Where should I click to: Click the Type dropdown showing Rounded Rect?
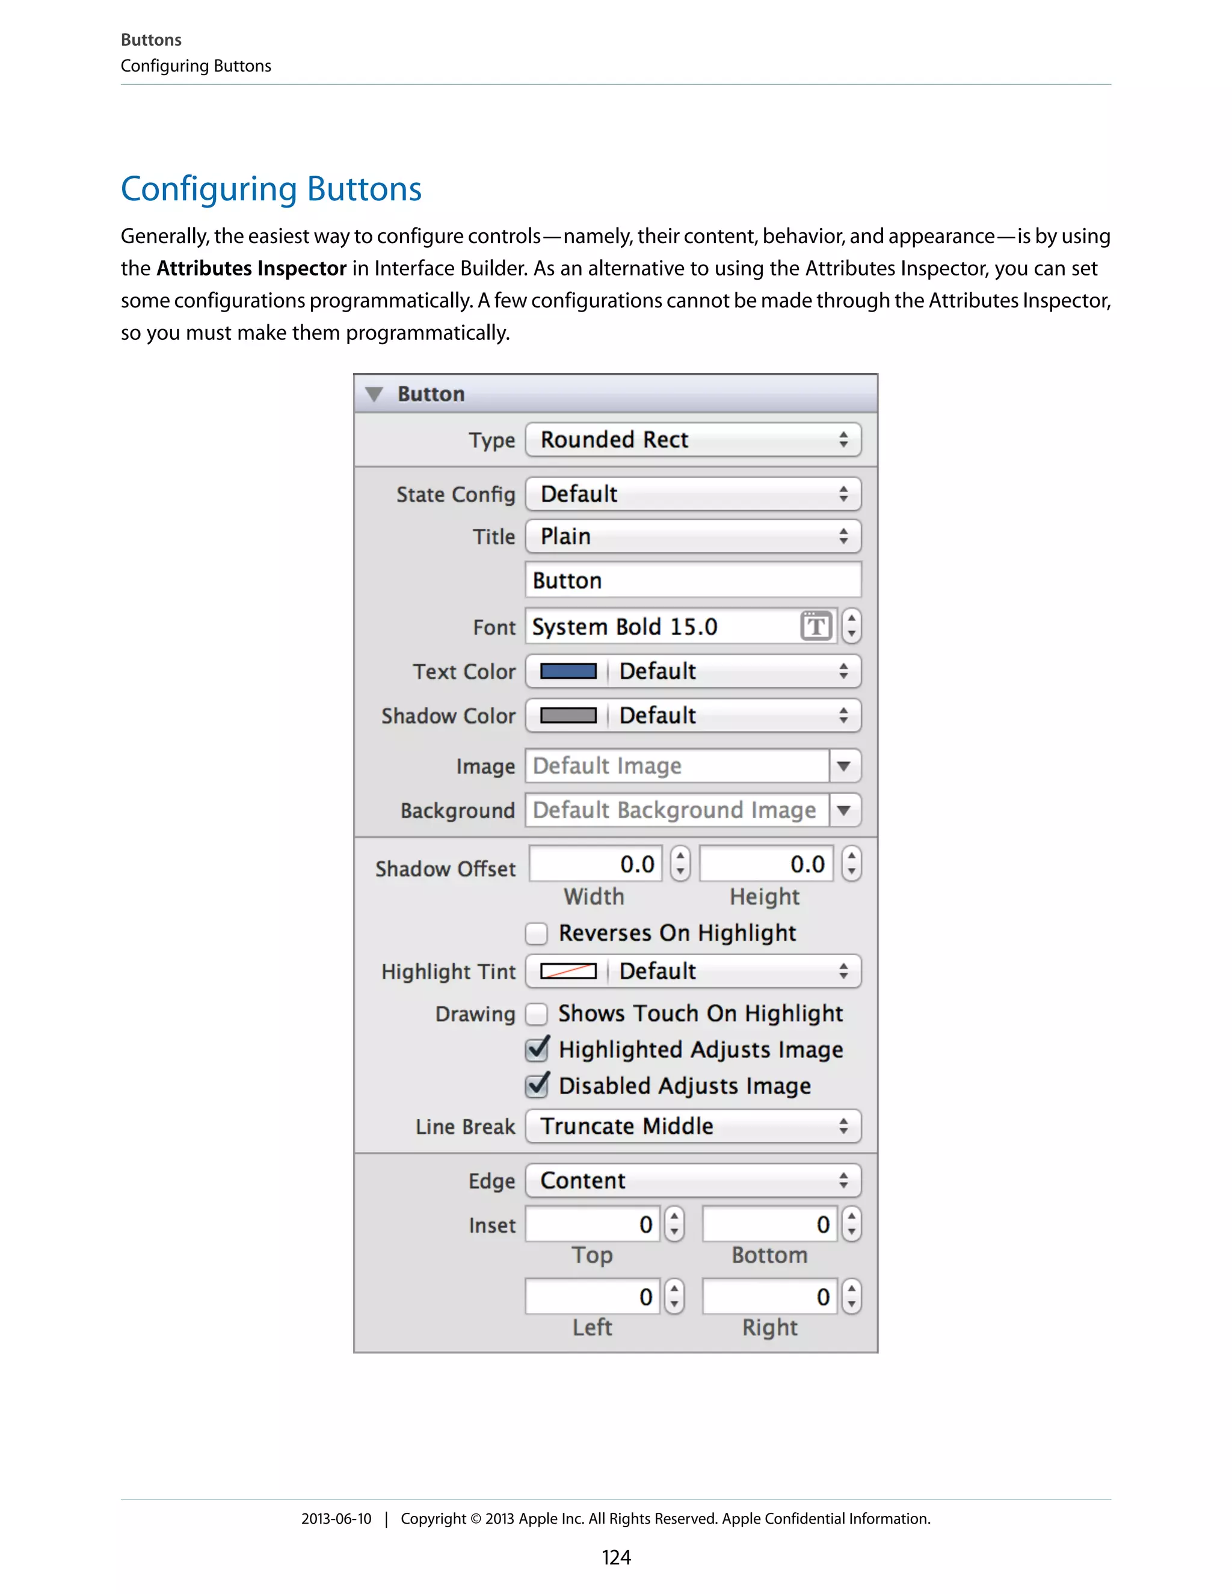pyautogui.click(x=692, y=440)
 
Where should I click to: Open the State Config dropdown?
pyautogui.click(x=692, y=494)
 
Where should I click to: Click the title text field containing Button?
pyautogui.click(x=692, y=580)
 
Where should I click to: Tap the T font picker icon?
pyautogui.click(x=816, y=626)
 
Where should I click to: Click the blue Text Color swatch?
pyautogui.click(x=568, y=671)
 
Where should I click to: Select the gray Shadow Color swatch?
pyautogui.click(x=568, y=715)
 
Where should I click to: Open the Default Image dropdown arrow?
pyautogui.click(x=845, y=766)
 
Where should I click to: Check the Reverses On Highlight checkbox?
pyautogui.click(x=537, y=934)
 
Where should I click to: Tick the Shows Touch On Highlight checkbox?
pyautogui.click(x=537, y=1014)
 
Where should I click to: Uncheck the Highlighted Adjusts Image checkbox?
pyautogui.click(x=537, y=1050)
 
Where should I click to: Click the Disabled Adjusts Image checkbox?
pyautogui.click(x=537, y=1086)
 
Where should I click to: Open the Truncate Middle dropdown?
pyautogui.click(x=692, y=1126)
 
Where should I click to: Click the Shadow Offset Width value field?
pyautogui.click(x=596, y=864)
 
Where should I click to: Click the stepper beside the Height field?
pyautogui.click(x=851, y=864)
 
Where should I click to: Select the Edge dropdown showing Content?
pyautogui.click(x=692, y=1181)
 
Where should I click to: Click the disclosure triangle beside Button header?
pyautogui.click(x=374, y=395)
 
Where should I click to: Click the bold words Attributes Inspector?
pyautogui.click(x=251, y=269)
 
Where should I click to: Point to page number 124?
pyautogui.click(x=615, y=1557)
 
